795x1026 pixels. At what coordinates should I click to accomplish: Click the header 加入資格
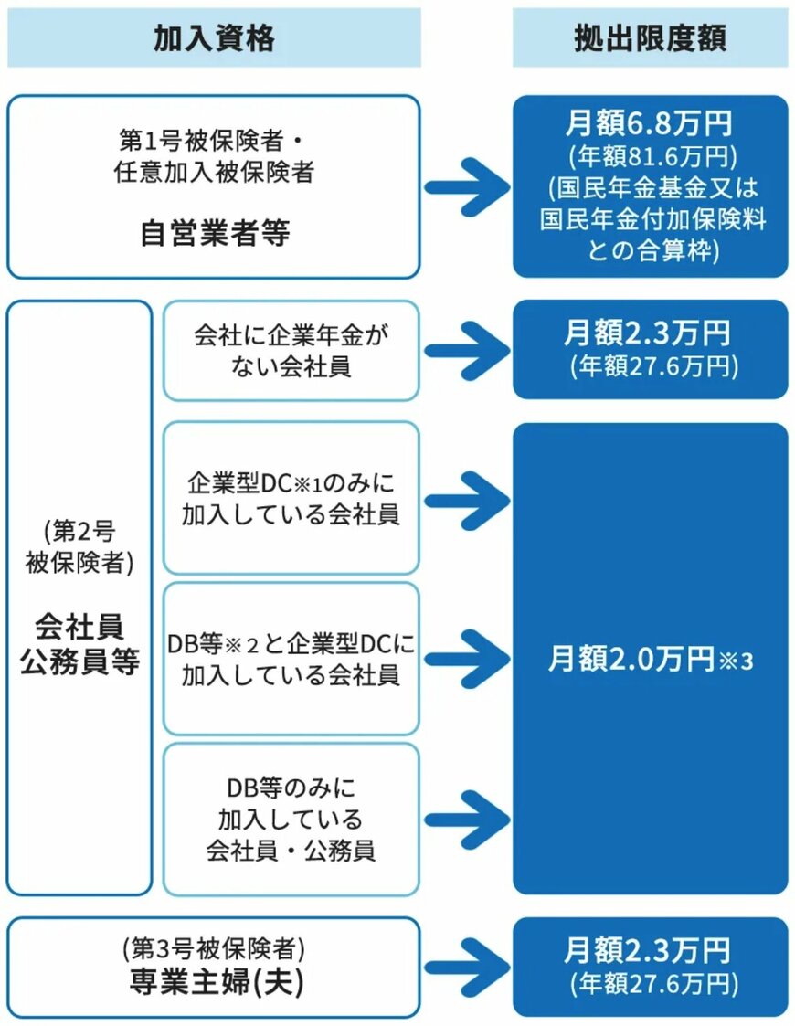[x=214, y=37]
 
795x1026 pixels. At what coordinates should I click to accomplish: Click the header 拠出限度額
[x=650, y=37]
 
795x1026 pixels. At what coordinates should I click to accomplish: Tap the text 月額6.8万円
[x=648, y=122]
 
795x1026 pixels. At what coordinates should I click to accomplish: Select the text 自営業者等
[x=214, y=234]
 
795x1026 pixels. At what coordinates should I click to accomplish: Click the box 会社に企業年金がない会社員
[x=291, y=351]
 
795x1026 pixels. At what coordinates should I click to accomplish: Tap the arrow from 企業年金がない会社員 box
[x=465, y=351]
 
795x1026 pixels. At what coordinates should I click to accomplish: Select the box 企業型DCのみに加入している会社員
[x=291, y=498]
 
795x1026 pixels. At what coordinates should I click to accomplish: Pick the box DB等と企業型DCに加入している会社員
[x=291, y=659]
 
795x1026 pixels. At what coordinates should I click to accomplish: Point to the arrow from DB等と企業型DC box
[x=465, y=659]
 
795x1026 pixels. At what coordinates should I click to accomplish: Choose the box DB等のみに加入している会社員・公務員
[x=291, y=819]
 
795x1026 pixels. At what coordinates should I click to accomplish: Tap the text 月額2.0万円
[x=631, y=660]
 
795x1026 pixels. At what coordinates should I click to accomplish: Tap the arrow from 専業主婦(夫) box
[x=465, y=968]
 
